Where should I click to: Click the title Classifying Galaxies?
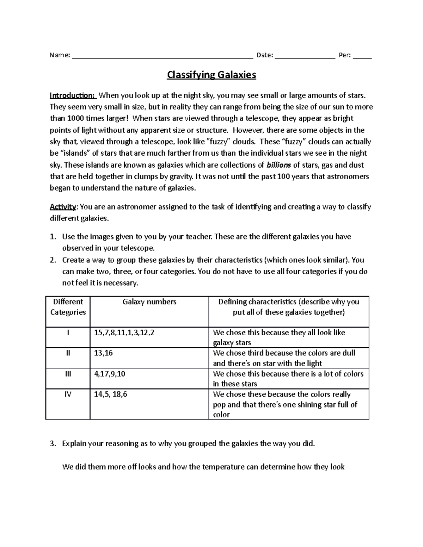click(211, 75)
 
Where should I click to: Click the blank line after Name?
click(163, 57)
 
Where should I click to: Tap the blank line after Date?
click(305, 57)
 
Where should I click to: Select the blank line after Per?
click(362, 57)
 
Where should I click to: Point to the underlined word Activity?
click(63, 207)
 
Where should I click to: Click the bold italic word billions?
click(278, 165)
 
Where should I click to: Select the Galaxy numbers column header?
click(149, 302)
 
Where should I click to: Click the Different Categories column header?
click(68, 307)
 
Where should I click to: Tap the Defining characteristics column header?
click(289, 307)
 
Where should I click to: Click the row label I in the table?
click(68, 332)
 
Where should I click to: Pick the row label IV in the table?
click(68, 394)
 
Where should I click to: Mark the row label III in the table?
click(68, 374)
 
